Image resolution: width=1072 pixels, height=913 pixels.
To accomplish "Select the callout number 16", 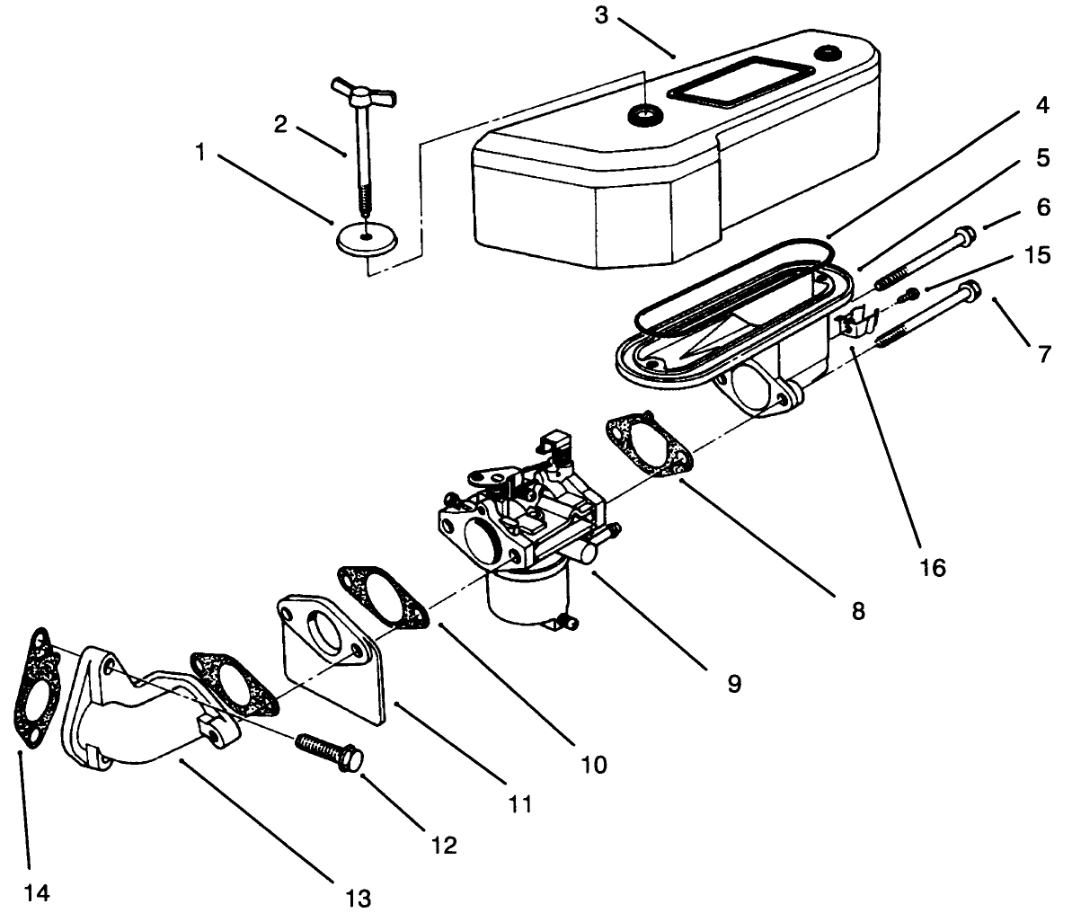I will (x=934, y=568).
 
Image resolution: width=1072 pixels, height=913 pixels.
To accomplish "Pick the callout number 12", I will (x=444, y=845).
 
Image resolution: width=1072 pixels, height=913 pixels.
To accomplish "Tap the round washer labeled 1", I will (x=366, y=238).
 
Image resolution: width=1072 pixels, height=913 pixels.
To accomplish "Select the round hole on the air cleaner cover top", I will (x=643, y=114).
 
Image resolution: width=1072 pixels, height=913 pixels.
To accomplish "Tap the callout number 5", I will (x=1042, y=158).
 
